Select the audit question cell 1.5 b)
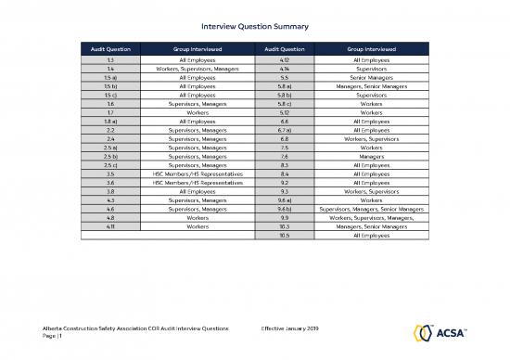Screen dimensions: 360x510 click(x=110, y=85)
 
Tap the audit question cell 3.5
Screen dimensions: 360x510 click(x=110, y=173)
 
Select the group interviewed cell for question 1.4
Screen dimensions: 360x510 click(x=197, y=68)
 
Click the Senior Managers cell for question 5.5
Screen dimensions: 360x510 click(x=372, y=77)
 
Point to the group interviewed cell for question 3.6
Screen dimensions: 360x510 click(x=197, y=181)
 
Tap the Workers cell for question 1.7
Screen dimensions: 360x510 click(x=197, y=111)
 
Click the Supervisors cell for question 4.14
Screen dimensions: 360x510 click(x=372, y=68)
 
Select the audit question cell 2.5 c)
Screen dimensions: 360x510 click(x=110, y=163)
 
